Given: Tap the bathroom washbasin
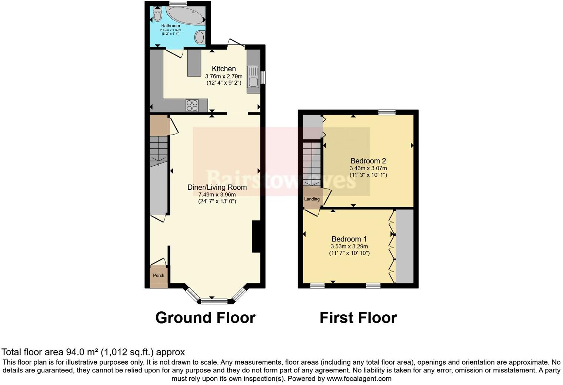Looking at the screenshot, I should (200, 37).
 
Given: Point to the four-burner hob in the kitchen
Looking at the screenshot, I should (192, 105).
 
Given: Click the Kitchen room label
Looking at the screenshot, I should (224, 69).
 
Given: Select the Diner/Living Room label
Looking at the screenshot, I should (217, 187).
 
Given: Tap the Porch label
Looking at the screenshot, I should (159, 276).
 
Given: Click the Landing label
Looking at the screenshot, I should (312, 199).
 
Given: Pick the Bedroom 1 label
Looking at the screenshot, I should (349, 239).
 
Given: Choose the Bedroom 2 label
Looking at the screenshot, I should (368, 161).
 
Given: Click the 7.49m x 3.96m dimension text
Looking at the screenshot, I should (217, 195).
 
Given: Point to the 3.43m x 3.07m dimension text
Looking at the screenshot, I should (368, 168).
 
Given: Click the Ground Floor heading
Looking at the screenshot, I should (205, 318).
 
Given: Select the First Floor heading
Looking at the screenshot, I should (358, 318).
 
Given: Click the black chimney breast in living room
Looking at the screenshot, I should (256, 237).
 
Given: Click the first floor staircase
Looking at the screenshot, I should (312, 163).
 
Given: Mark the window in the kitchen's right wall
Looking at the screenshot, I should (263, 78).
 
